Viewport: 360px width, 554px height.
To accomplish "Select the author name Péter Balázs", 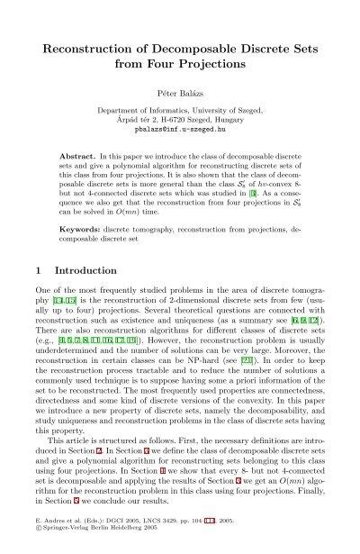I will pos(180,90).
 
